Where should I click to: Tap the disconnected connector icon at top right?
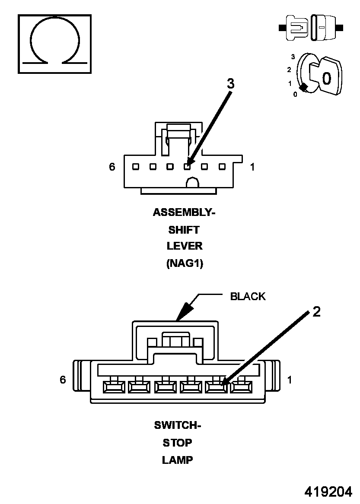(x=311, y=28)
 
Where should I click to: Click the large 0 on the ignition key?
(x=327, y=78)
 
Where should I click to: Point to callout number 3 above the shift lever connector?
(x=231, y=84)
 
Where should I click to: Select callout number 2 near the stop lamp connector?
(x=316, y=312)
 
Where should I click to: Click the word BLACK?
(x=248, y=296)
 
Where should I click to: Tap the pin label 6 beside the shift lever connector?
(x=112, y=167)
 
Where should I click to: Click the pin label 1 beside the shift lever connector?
(x=252, y=167)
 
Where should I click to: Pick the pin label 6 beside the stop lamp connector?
(x=63, y=380)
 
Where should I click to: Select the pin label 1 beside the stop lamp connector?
(x=290, y=380)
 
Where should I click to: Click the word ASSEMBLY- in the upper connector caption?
(x=184, y=212)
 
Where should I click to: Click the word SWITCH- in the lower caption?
(x=178, y=425)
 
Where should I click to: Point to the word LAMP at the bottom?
(x=178, y=460)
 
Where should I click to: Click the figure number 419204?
(x=328, y=492)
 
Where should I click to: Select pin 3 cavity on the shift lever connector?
(x=187, y=166)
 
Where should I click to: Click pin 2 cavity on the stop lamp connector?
(x=217, y=387)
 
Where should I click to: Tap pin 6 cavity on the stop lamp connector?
(x=114, y=387)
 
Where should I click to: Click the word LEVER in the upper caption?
(x=185, y=246)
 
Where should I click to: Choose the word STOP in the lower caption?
(x=178, y=443)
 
